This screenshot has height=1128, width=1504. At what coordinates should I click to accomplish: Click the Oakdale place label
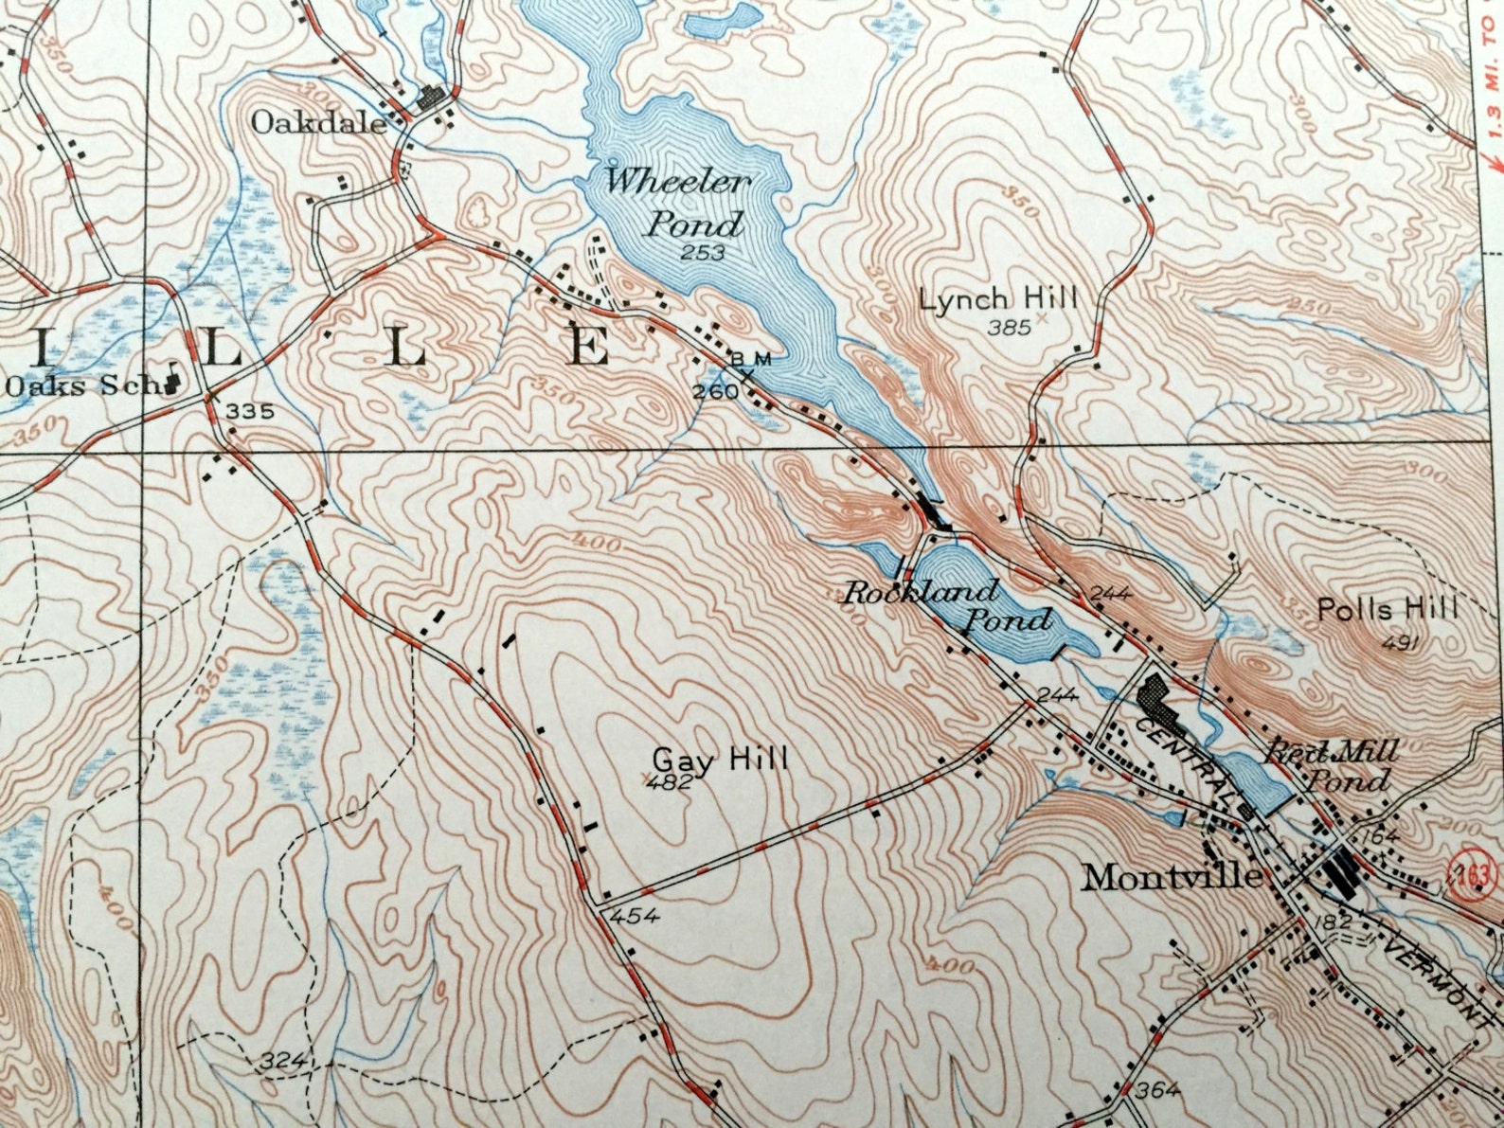pyautogui.click(x=319, y=123)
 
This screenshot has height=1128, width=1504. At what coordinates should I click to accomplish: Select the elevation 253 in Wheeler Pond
pyautogui.click(x=703, y=252)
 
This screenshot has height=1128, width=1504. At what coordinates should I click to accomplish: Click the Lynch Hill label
pyautogui.click(x=998, y=300)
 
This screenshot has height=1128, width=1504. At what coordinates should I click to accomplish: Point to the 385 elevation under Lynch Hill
pyautogui.click(x=1008, y=328)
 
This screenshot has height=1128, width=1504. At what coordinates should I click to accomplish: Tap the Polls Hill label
pyautogui.click(x=1388, y=609)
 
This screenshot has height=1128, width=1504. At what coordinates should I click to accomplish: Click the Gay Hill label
pyautogui.click(x=720, y=759)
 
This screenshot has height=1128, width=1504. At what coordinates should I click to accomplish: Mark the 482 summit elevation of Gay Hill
pyautogui.click(x=673, y=782)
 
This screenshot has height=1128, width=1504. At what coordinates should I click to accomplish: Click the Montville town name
pyautogui.click(x=1172, y=877)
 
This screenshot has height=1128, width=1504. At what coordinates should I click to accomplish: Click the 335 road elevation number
pyautogui.click(x=250, y=411)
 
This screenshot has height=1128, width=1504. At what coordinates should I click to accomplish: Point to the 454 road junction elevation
pyautogui.click(x=635, y=916)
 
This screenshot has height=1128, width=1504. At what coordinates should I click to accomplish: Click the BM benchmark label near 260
pyautogui.click(x=751, y=359)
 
